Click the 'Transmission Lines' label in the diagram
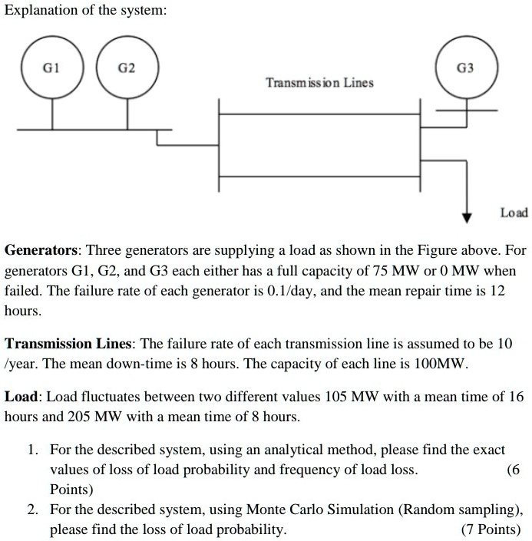pyautogui.click(x=319, y=82)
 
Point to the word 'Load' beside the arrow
pyautogui.click(x=513, y=212)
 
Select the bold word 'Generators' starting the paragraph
pyautogui.click(x=41, y=251)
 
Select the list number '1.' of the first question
pyautogui.click(x=35, y=449)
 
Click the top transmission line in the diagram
pyautogui.click(x=319, y=114)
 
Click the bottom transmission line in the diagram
pyautogui.click(x=319, y=176)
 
